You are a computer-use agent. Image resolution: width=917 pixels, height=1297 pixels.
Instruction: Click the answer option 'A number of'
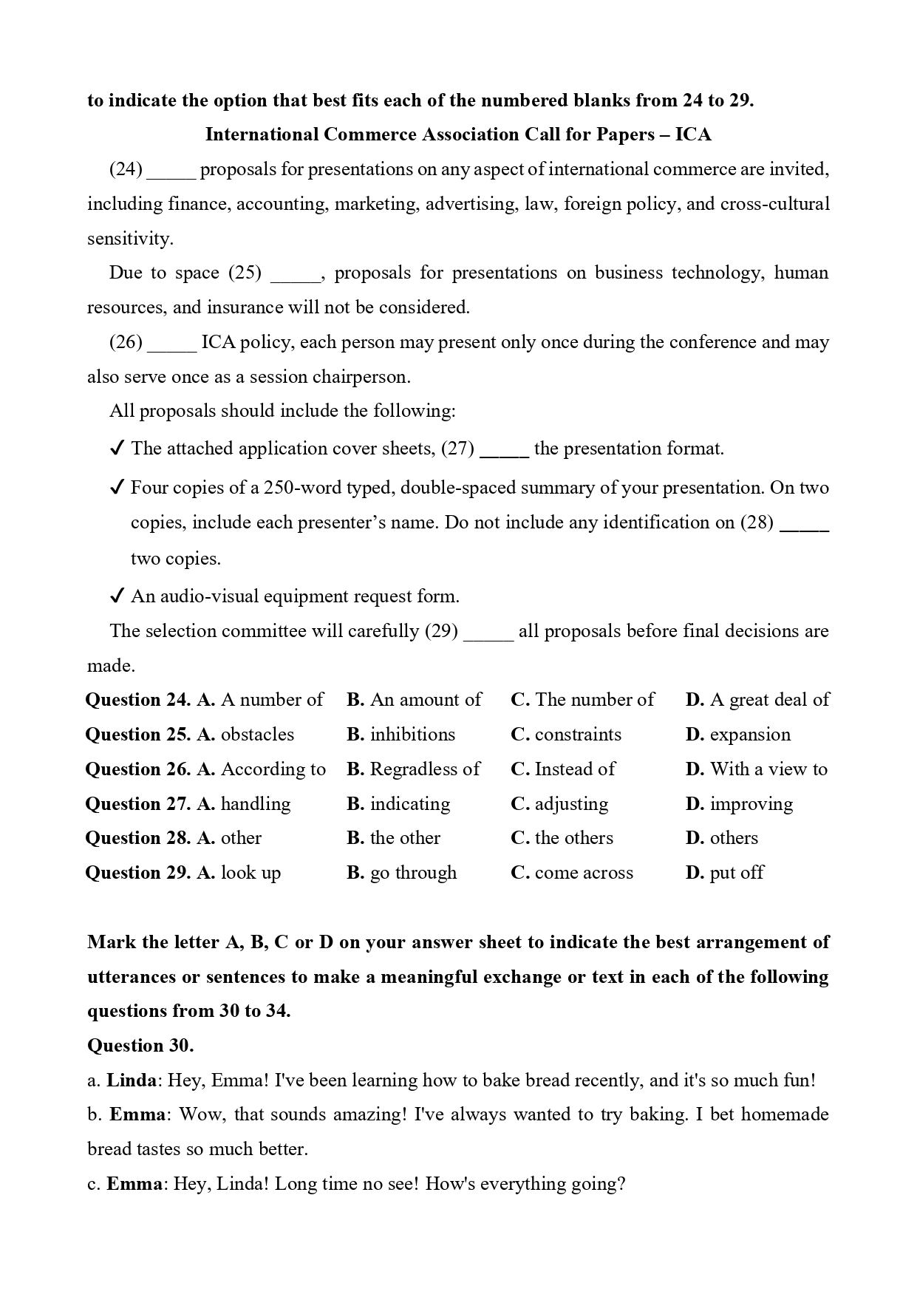point(271,700)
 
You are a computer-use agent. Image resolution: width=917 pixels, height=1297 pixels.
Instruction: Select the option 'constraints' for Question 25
point(578,735)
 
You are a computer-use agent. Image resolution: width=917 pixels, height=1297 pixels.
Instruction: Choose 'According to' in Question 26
point(273,769)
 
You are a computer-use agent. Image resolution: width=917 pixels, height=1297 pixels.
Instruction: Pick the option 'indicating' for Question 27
point(409,804)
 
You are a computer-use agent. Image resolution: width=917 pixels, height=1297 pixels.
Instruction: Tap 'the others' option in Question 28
point(573,838)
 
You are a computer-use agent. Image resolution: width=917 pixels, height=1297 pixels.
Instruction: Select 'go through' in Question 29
point(413,873)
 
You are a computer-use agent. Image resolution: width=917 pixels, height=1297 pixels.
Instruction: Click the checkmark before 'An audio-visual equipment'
point(116,596)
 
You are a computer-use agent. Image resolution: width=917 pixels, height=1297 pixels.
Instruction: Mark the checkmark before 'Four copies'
point(116,488)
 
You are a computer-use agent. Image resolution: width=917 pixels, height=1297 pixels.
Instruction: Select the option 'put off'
point(736,873)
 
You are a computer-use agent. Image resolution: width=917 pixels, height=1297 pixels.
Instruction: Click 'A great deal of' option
point(769,700)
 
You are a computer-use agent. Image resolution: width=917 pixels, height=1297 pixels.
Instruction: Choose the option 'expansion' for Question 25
point(750,735)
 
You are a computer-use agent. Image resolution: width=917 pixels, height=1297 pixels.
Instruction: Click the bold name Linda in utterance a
point(132,1080)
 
